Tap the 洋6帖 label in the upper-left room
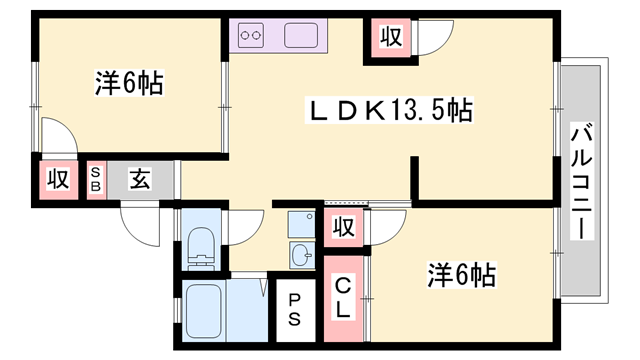(x=129, y=84)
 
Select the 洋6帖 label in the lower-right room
(x=463, y=272)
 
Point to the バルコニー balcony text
(x=581, y=180)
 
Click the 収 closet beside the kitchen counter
(x=390, y=38)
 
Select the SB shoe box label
(x=96, y=180)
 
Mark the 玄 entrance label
(x=141, y=180)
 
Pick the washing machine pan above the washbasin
(x=301, y=222)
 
